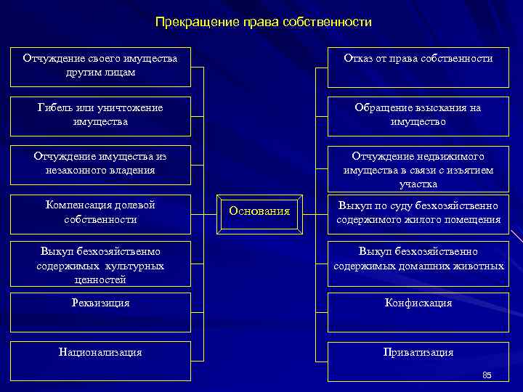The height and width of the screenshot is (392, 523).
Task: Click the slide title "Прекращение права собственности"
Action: click(263, 23)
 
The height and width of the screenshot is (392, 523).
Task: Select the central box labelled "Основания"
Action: click(259, 211)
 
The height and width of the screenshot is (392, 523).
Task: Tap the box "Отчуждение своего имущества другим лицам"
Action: click(100, 65)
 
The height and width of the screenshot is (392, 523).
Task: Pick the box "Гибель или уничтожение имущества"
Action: click(100, 115)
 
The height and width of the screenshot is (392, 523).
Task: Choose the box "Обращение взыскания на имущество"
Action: click(418, 115)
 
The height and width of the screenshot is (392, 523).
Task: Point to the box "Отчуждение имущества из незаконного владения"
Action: click(100, 163)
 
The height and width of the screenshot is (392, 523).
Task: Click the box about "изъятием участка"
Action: click(418, 170)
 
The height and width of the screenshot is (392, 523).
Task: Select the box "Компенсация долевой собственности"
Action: click(100, 212)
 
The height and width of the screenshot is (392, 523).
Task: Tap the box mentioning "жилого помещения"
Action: click(418, 213)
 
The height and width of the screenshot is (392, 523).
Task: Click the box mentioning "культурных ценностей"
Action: click(100, 265)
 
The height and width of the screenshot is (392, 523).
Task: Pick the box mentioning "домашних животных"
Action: click(418, 258)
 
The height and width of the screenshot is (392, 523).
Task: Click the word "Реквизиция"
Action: click(100, 303)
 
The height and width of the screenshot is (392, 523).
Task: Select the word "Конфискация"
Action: click(418, 303)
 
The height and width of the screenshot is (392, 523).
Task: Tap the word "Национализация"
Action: click(100, 352)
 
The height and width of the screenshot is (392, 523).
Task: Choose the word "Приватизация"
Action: click(418, 352)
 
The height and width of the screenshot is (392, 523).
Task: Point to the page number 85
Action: click(487, 375)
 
